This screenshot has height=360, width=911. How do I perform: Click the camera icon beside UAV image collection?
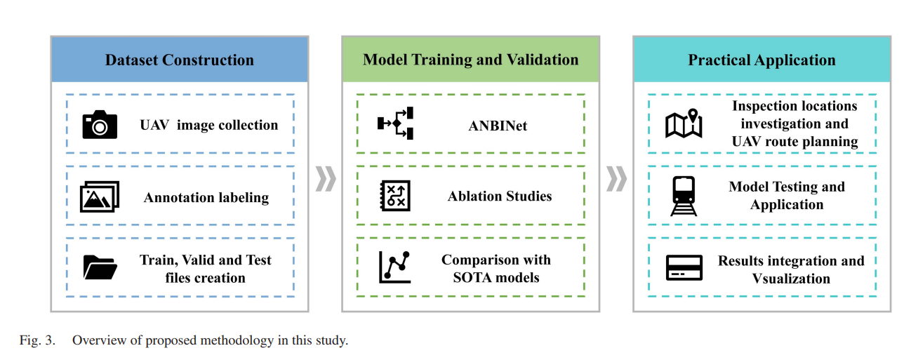click(x=100, y=124)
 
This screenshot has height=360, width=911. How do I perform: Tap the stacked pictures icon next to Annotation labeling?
click(x=100, y=196)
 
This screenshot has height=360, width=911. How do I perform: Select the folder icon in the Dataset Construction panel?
click(x=100, y=267)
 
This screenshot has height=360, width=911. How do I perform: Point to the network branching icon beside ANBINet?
click(x=395, y=124)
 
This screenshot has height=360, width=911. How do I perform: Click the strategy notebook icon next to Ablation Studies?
click(x=395, y=196)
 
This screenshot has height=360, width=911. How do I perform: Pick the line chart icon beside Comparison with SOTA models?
click(x=394, y=267)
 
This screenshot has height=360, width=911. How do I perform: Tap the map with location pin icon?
click(x=684, y=124)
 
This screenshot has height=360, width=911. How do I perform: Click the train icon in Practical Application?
click(x=684, y=196)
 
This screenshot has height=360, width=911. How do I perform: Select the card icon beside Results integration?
click(x=684, y=267)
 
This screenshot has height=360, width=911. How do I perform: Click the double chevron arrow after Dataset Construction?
click(x=326, y=178)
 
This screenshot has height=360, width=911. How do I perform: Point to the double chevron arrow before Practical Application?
click(x=616, y=178)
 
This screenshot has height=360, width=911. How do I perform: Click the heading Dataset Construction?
click(x=180, y=60)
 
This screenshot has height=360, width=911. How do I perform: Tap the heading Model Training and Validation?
click(x=470, y=60)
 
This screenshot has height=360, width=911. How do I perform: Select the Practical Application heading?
click(x=762, y=60)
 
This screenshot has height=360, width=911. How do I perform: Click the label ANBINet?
click(x=498, y=126)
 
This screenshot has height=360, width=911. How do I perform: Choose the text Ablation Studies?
click(x=500, y=196)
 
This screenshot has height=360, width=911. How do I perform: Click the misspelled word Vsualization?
click(x=791, y=279)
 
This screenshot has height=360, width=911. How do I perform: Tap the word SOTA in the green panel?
click(x=473, y=277)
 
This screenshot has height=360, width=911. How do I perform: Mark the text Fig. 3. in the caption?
click(x=37, y=340)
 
